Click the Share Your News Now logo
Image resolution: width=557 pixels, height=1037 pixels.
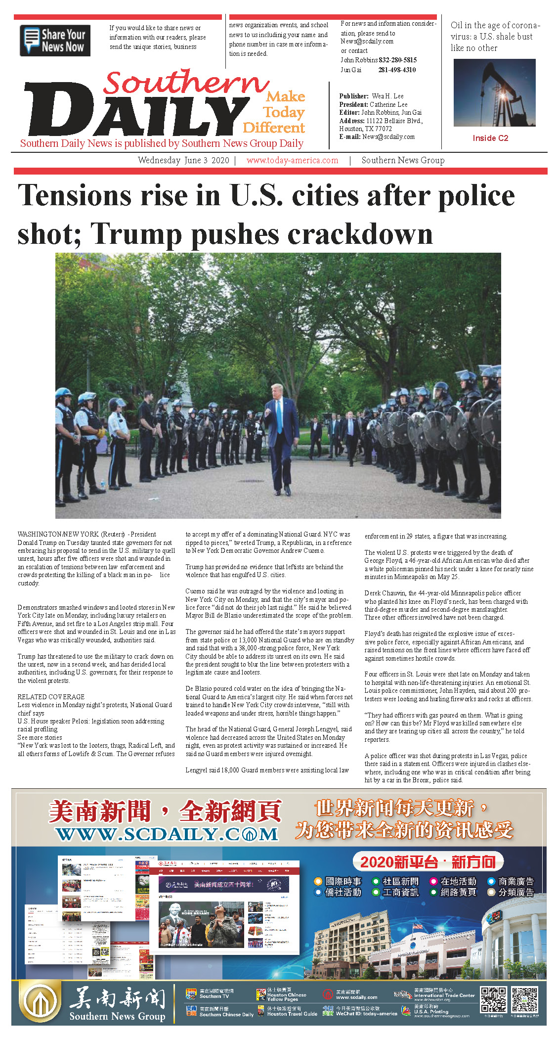55,41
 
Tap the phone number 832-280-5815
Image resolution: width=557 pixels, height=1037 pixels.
397,60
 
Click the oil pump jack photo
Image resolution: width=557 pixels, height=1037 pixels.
494,92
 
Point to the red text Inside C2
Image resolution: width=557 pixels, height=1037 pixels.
490,138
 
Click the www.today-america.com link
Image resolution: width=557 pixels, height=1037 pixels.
292,160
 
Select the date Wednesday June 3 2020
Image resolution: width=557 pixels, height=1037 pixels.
183,160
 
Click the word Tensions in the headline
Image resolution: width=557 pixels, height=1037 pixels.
78,196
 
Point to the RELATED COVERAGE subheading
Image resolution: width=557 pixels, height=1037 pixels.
51,696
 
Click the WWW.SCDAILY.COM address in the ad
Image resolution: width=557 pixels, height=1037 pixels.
167,834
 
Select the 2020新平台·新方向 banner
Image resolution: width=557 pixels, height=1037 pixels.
428,862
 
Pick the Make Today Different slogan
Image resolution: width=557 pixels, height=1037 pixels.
275,112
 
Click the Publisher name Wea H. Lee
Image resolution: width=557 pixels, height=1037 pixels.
387,96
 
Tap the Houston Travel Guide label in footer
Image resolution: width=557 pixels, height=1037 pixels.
292,1014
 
